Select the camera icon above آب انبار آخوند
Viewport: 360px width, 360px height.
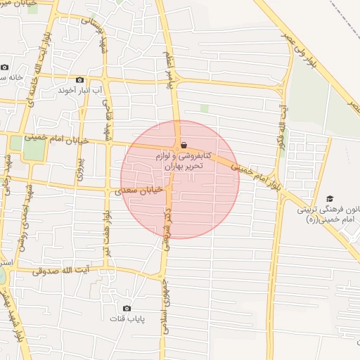coord(79,80)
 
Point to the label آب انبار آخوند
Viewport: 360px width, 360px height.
coord(79,90)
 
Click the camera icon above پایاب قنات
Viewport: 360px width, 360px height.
coord(127,308)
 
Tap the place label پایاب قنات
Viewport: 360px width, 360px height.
coord(127,319)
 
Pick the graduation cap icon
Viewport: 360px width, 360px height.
coord(330,200)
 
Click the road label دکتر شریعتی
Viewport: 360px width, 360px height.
coord(168,230)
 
